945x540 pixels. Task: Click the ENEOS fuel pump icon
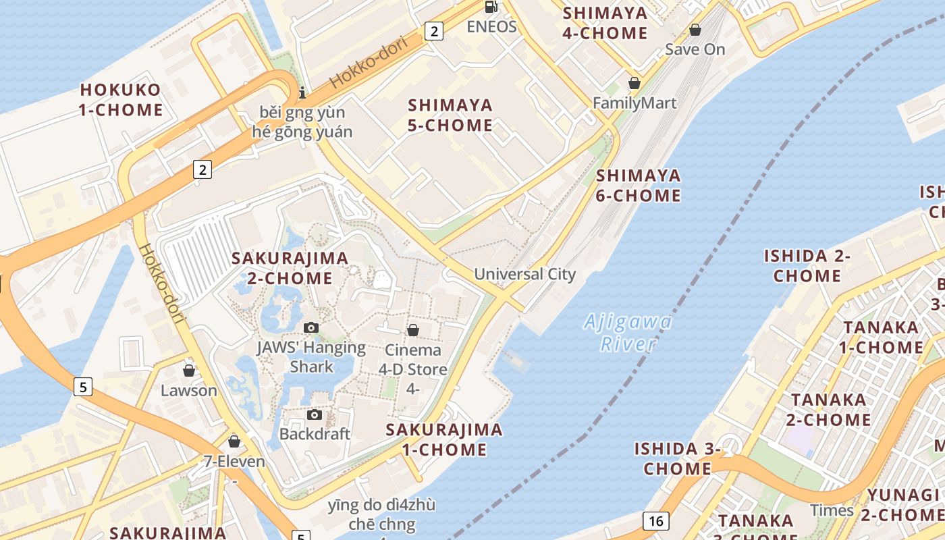tap(491, 7)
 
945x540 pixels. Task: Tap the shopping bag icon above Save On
tap(695, 30)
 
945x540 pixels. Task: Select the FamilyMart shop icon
tap(634, 83)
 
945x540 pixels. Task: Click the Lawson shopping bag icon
tap(189, 371)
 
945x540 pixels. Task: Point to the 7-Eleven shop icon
tap(234, 441)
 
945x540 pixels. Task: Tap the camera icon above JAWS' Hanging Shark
tap(311, 328)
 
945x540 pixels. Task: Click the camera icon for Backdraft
tap(315, 414)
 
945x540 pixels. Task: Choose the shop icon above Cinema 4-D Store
tap(412, 330)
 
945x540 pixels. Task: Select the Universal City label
tap(524, 274)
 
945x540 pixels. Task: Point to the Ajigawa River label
tap(628, 333)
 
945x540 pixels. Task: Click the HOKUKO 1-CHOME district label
tap(122, 100)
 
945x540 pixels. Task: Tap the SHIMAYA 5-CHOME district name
tap(450, 115)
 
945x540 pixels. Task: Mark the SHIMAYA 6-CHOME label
tap(639, 186)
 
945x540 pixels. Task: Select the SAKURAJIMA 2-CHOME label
tap(290, 268)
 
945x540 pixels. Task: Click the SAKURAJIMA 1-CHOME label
tap(444, 439)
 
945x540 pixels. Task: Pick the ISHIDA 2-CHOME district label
tap(807, 266)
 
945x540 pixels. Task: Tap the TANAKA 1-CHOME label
tap(882, 337)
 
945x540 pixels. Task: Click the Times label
tap(832, 510)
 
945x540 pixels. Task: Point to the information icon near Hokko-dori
tap(302, 92)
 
